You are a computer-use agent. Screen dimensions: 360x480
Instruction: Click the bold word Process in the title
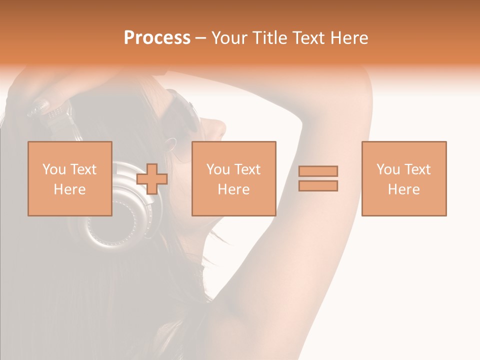tap(157, 38)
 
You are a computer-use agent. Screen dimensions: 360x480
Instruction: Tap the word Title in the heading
tap(270, 38)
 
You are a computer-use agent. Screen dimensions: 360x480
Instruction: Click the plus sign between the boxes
tap(152, 179)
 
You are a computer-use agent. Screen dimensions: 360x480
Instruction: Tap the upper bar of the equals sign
tap(318, 171)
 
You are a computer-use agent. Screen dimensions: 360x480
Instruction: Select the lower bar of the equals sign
tap(318, 186)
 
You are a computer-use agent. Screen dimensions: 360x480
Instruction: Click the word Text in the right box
tap(417, 169)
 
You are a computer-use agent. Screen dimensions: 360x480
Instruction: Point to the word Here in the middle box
tap(234, 189)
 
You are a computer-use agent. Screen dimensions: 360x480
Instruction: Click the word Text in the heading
tap(304, 38)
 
